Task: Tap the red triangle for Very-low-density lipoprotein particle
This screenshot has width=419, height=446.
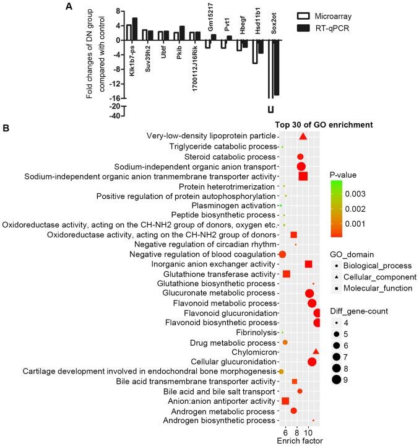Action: coord(303,136)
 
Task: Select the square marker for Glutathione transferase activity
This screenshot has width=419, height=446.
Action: coord(287,274)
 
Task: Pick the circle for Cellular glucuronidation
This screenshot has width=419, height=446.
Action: coord(312,361)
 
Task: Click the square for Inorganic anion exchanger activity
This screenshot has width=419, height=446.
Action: coord(308,264)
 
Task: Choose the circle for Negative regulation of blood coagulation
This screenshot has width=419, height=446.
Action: coord(282,254)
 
